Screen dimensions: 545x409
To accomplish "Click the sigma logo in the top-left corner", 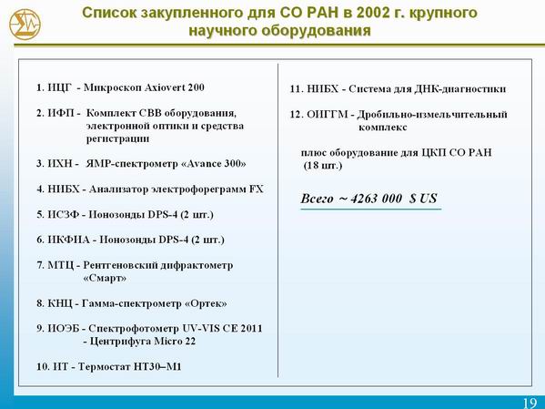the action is [x=25, y=24].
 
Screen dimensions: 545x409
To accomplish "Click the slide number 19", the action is [x=530, y=404].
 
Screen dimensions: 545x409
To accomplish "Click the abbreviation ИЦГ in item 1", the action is [x=59, y=87].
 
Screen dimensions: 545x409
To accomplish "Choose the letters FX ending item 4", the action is [x=257, y=189].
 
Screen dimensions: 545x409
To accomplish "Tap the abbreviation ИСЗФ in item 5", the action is [x=64, y=214].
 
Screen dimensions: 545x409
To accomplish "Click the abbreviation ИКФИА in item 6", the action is [x=68, y=240].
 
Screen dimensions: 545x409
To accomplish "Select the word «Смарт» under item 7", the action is [x=105, y=278].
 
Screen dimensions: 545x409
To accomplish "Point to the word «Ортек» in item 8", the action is [x=207, y=303].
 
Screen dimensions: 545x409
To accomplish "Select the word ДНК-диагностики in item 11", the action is [x=459, y=88].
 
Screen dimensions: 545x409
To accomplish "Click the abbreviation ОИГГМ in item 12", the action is [x=327, y=114].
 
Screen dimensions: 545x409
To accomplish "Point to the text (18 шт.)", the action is [x=323, y=166].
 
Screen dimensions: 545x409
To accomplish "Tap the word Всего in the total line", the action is [x=317, y=199].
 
